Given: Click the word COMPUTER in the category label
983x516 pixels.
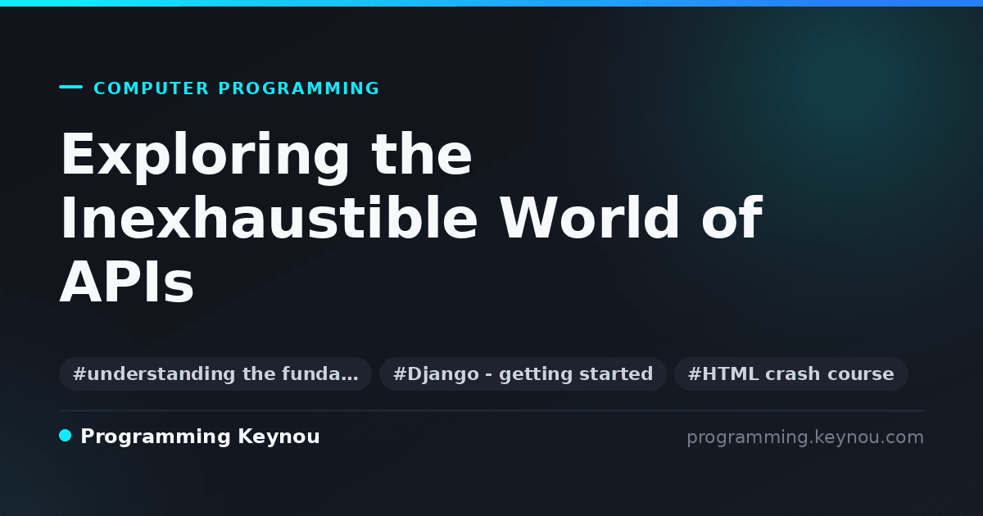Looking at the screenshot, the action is tap(151, 88).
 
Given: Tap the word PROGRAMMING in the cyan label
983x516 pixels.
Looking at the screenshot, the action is tap(298, 88).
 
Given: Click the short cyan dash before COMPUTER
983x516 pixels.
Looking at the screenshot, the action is tap(70, 87).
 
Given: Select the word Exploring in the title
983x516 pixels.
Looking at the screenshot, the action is tap(205, 156).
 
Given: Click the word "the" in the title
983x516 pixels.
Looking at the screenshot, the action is tap(421, 154).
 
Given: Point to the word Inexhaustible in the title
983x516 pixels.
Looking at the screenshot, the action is tap(269, 218).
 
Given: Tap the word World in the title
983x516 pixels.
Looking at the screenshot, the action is tap(589, 218).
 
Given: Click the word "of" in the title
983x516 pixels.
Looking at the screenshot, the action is tap(732, 218).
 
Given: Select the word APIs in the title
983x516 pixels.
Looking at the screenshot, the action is tap(126, 282).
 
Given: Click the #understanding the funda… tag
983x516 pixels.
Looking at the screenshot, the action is tap(215, 373).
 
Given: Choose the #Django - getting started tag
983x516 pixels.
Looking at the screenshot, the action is tap(523, 373).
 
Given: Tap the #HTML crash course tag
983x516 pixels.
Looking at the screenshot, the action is tap(790, 373).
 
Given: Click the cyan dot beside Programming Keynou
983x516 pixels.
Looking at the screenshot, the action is tap(65, 436).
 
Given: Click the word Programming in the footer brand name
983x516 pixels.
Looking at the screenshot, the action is tap(156, 437).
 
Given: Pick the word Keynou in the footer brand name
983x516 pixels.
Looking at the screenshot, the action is tap(279, 437).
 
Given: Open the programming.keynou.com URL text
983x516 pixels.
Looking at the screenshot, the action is tap(805, 437).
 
